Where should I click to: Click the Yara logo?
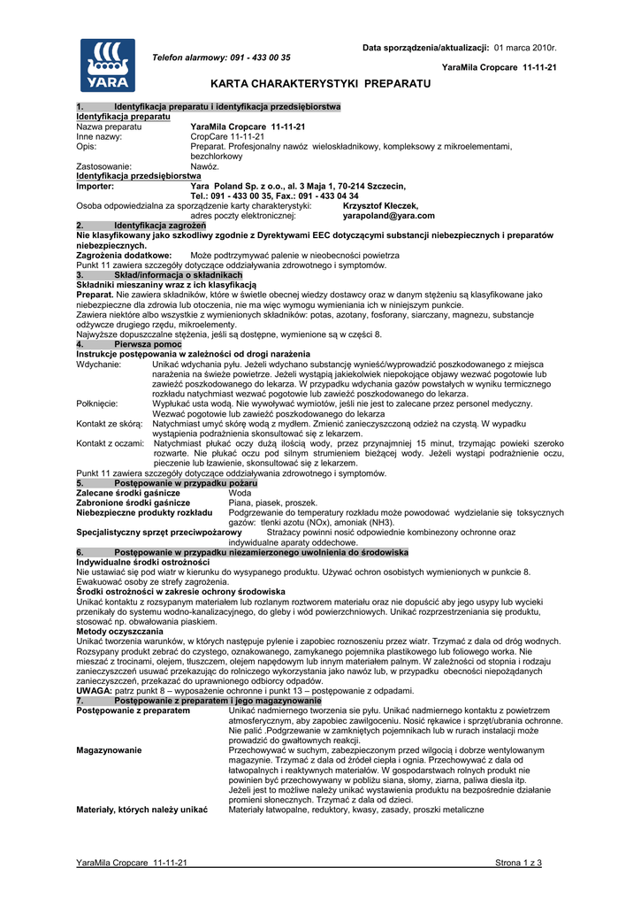[108, 65]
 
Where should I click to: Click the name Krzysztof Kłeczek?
[380, 205]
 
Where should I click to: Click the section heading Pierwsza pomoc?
[148, 343]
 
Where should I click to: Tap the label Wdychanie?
[99, 364]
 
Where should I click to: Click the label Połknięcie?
[99, 403]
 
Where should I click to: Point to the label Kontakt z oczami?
[111, 442]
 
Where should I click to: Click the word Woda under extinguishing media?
[240, 493]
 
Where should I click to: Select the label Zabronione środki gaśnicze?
[134, 503]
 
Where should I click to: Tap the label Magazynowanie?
[109, 749]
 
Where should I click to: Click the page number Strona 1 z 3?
[518, 863]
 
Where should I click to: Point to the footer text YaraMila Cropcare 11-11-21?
[132, 863]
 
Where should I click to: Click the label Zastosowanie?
[104, 166]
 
